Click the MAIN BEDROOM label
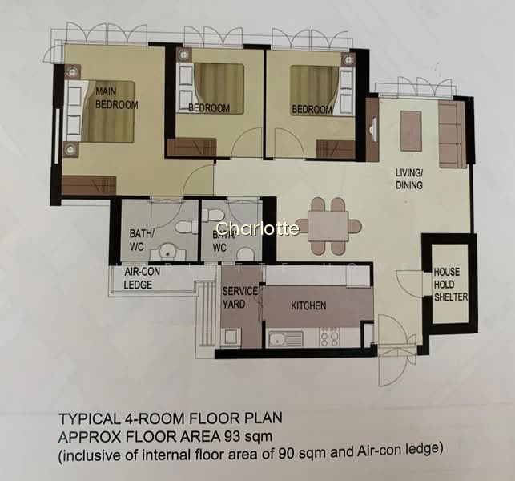tap(117, 98)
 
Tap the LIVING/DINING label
tap(409, 179)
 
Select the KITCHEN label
tap(308, 306)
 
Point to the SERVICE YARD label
tap(240, 297)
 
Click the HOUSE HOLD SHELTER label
tap(451, 285)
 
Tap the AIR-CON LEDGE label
tap(142, 278)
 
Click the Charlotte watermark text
tap(258, 228)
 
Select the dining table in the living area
tap(328, 227)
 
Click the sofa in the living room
tap(453, 135)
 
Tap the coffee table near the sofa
tap(411, 131)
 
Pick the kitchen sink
tap(286, 339)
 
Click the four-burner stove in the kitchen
tap(329, 337)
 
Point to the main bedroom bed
tap(100, 111)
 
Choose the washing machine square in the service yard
tap(231, 338)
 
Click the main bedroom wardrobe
tap(89, 184)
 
